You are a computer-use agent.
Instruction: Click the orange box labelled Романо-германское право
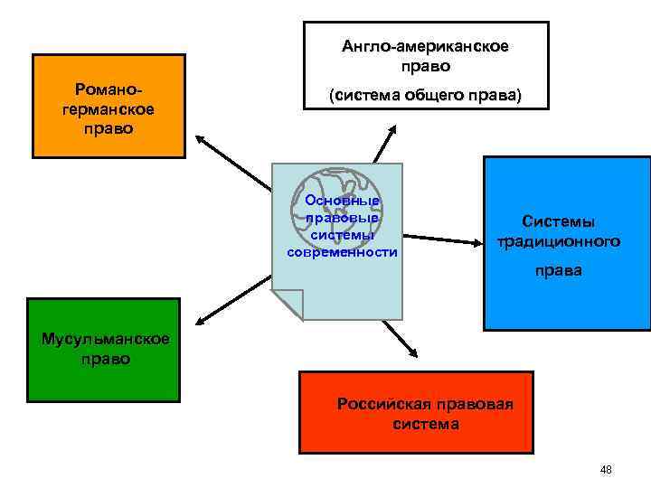[108, 107]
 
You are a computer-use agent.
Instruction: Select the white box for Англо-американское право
[425, 62]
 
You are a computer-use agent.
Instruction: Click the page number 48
[606, 469]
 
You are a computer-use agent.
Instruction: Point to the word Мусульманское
[105, 340]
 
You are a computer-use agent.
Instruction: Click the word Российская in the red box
[373, 403]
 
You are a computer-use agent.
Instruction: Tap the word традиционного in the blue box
[559, 241]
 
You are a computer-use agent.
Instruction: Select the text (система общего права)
[425, 95]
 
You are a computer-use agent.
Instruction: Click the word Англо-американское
[425, 45]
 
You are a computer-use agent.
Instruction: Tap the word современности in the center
[342, 252]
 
